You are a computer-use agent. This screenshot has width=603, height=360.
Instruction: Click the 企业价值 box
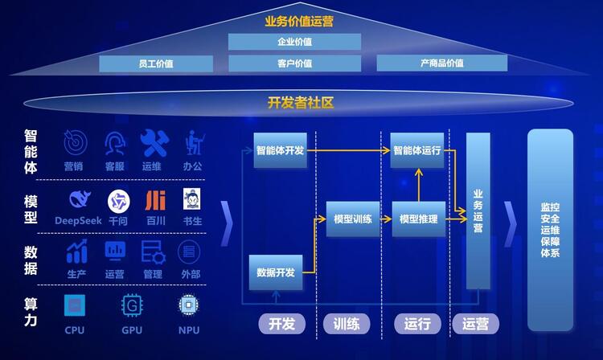click(294, 42)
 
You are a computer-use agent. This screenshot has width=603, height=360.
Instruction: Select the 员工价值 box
click(156, 63)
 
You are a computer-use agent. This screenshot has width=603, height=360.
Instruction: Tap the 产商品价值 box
click(442, 63)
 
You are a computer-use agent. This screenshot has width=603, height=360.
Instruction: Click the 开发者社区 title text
click(301, 103)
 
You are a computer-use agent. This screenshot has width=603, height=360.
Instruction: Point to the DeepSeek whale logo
click(80, 199)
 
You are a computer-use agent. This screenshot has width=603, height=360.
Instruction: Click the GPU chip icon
click(132, 305)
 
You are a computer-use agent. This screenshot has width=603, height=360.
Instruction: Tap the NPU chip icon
click(188, 305)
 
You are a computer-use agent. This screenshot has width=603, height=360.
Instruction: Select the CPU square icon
click(75, 305)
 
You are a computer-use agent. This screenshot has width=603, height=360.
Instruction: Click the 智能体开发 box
click(281, 150)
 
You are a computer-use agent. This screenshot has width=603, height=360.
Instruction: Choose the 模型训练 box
click(353, 219)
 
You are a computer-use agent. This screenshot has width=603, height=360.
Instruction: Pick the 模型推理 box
click(419, 219)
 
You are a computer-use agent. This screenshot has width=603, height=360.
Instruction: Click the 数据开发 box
click(276, 272)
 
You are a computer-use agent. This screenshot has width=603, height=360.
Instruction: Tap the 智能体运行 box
click(417, 150)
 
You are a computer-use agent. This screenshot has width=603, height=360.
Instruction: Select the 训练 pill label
click(347, 324)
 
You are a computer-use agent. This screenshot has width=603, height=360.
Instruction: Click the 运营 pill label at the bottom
click(476, 324)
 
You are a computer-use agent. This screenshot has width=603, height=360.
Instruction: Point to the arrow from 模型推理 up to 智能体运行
click(419, 185)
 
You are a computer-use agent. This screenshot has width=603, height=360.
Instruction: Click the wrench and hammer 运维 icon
click(154, 143)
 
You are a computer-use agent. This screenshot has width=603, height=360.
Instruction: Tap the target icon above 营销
click(75, 142)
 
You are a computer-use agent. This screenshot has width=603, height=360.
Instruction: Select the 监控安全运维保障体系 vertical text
click(550, 230)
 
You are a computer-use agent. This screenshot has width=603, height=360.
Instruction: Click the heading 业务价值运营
click(299, 21)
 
